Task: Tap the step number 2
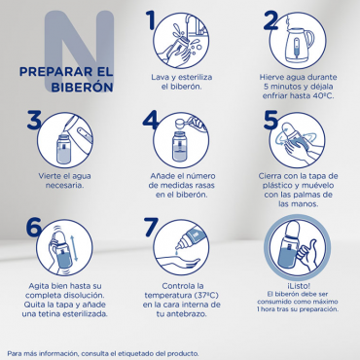coord(271,20)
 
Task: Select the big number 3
coord(34,120)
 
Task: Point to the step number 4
coord(150,120)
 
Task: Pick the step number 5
coord(270,120)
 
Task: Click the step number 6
coord(34,227)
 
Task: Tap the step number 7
coord(151,227)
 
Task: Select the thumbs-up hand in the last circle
coord(307,255)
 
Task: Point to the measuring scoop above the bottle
coord(189,124)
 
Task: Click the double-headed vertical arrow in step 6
coord(74,248)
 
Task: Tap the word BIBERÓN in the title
coord(82,87)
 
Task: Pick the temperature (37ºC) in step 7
coord(205,296)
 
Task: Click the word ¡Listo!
coord(298,286)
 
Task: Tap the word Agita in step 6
coord(38,286)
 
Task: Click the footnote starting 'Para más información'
coord(103,353)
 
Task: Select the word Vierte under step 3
coord(49,176)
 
